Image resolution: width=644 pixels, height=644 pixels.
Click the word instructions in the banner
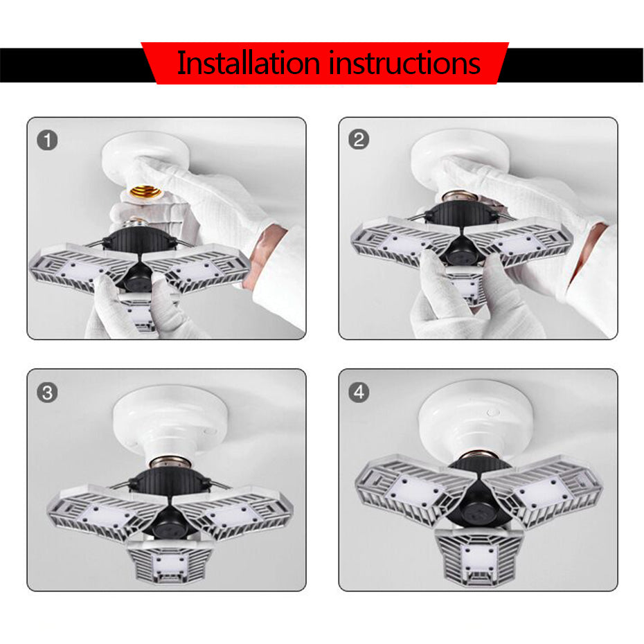click(404, 63)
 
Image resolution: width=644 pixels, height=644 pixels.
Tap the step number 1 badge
click(47, 141)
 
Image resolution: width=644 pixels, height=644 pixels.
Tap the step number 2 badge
click(358, 141)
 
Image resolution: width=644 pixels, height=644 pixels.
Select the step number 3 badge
click(47, 393)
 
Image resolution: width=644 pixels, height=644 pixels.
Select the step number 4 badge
click(358, 393)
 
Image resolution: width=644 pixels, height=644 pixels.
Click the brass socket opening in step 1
click(145, 192)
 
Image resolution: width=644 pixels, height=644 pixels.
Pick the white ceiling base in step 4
click(478, 415)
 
